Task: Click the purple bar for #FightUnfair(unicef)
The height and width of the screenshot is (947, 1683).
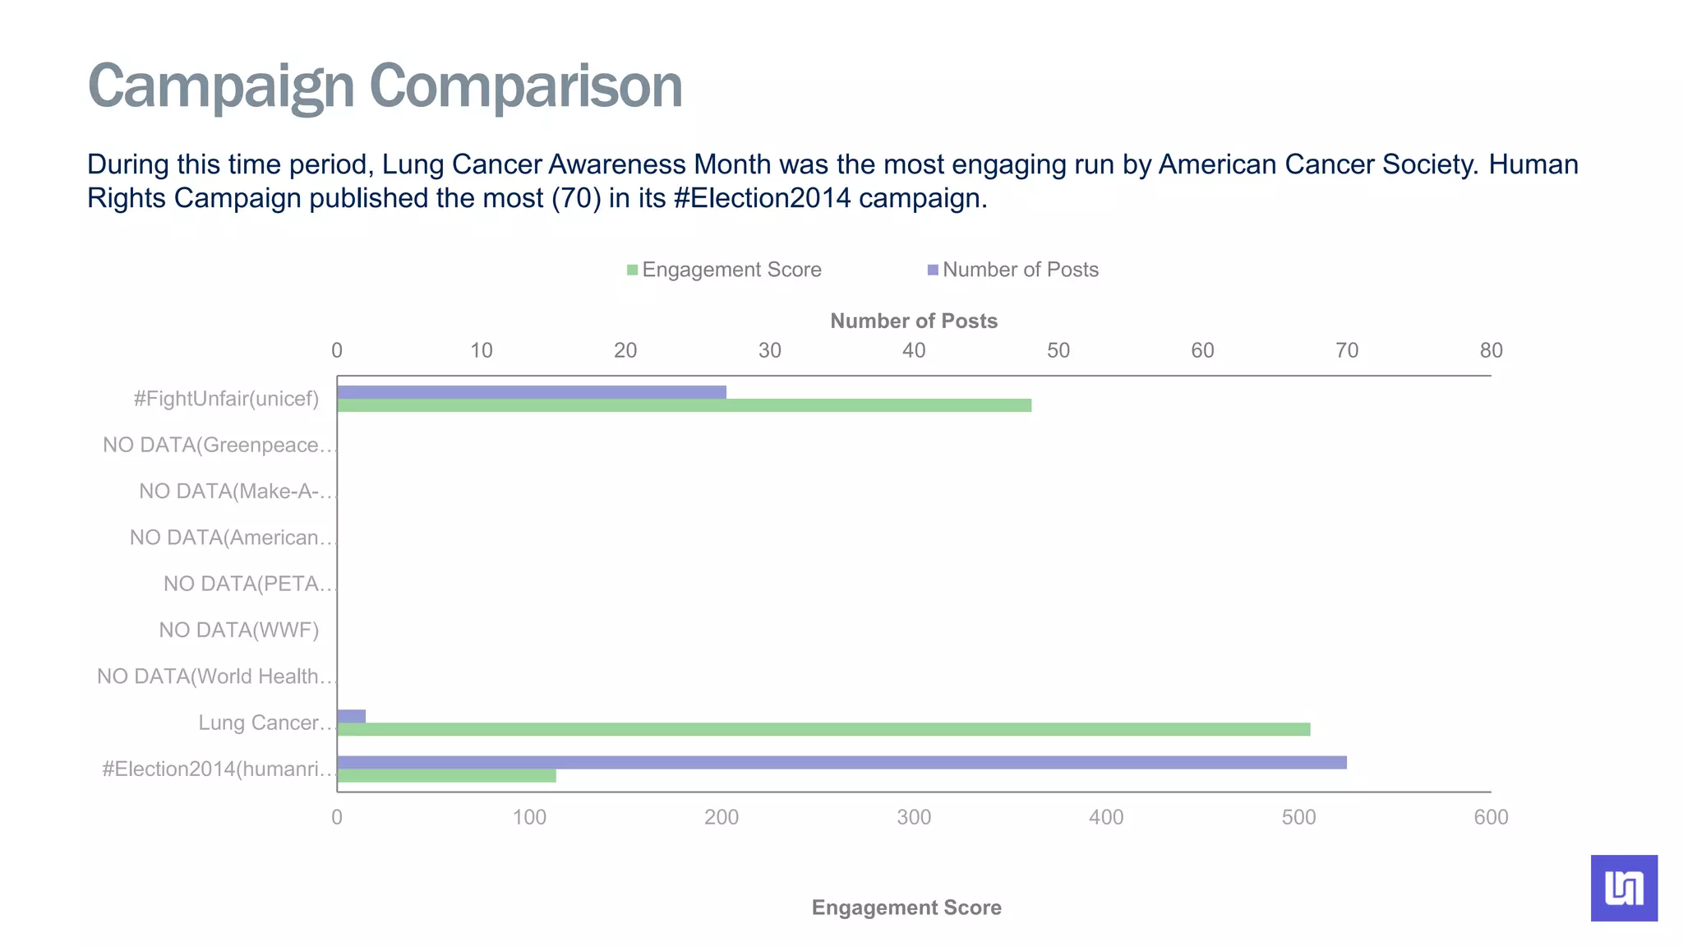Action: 531,392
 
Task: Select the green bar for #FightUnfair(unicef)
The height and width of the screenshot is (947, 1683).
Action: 684,405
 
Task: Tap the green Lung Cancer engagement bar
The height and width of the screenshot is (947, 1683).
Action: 823,729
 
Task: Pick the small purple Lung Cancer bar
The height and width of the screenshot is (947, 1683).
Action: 351,716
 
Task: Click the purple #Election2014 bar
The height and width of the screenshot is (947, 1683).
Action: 841,762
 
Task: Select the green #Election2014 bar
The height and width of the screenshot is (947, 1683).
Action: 446,775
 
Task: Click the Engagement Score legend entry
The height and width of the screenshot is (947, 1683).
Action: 724,270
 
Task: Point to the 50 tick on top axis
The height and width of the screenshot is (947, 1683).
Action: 1058,351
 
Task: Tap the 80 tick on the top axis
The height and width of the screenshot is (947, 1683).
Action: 1491,351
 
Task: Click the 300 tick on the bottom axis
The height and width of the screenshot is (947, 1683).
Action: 914,818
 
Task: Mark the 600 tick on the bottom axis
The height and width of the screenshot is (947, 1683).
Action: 1491,818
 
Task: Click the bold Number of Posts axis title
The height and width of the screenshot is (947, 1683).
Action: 914,321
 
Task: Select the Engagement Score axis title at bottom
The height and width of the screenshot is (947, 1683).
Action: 906,908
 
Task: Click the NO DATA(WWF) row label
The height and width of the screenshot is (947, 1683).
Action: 238,631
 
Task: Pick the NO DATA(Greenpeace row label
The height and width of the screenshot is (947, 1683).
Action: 218,446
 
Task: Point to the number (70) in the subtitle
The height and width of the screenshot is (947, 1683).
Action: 576,198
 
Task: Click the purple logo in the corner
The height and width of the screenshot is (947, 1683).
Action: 1624,888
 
